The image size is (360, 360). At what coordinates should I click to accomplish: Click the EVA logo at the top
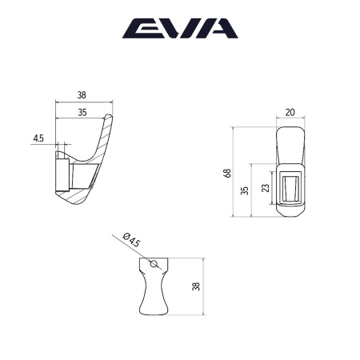click(179, 30)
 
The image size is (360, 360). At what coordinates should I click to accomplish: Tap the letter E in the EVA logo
click(139, 30)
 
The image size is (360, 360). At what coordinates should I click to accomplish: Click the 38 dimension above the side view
click(82, 95)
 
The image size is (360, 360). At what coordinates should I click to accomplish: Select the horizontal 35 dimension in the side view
click(82, 114)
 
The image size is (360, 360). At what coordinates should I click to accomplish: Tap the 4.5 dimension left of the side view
click(38, 138)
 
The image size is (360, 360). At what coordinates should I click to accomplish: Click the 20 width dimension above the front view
click(290, 113)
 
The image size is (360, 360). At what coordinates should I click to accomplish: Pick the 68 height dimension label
click(227, 171)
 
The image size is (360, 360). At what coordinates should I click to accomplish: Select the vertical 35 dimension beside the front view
click(245, 190)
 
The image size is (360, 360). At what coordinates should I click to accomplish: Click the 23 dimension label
click(266, 190)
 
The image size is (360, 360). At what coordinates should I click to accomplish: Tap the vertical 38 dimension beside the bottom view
click(197, 286)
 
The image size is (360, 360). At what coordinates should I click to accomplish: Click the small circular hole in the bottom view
click(154, 263)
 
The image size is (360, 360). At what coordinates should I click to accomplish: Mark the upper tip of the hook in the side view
click(111, 118)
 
